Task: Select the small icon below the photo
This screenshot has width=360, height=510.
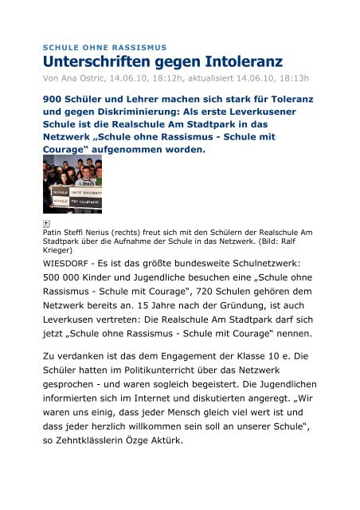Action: click(x=47, y=225)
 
